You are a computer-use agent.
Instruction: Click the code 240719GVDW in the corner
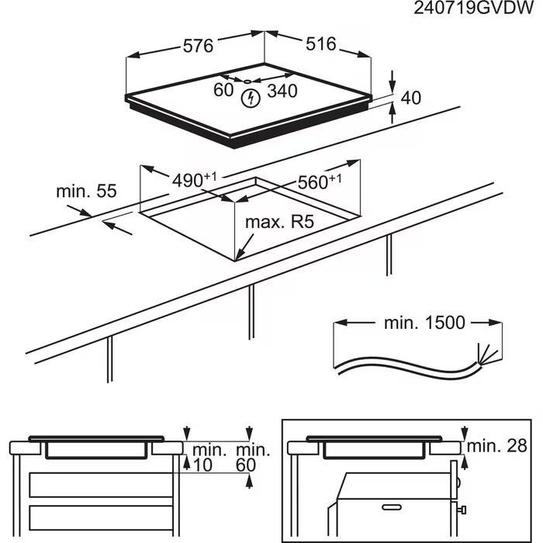tap(474, 8)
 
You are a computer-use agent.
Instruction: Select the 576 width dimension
tap(198, 46)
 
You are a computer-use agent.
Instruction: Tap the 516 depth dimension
tap(320, 43)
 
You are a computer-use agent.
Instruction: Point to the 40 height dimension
tap(410, 98)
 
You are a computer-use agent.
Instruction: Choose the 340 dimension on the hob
tap(282, 91)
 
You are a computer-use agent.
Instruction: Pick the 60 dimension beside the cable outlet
tap(223, 90)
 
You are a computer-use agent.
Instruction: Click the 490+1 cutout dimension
tap(194, 180)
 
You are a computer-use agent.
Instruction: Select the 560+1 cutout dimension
tap(320, 182)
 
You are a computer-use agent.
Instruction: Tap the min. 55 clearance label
tap(87, 191)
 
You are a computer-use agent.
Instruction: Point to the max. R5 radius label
tap(279, 222)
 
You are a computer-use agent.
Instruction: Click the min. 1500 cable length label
tap(424, 323)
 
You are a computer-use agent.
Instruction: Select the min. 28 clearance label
tap(497, 446)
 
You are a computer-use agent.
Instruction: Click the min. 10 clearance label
tap(206, 457)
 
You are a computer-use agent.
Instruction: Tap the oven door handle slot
tap(392, 507)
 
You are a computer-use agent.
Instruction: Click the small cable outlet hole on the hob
tap(247, 81)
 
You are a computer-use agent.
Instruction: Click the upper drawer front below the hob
tap(101, 485)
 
